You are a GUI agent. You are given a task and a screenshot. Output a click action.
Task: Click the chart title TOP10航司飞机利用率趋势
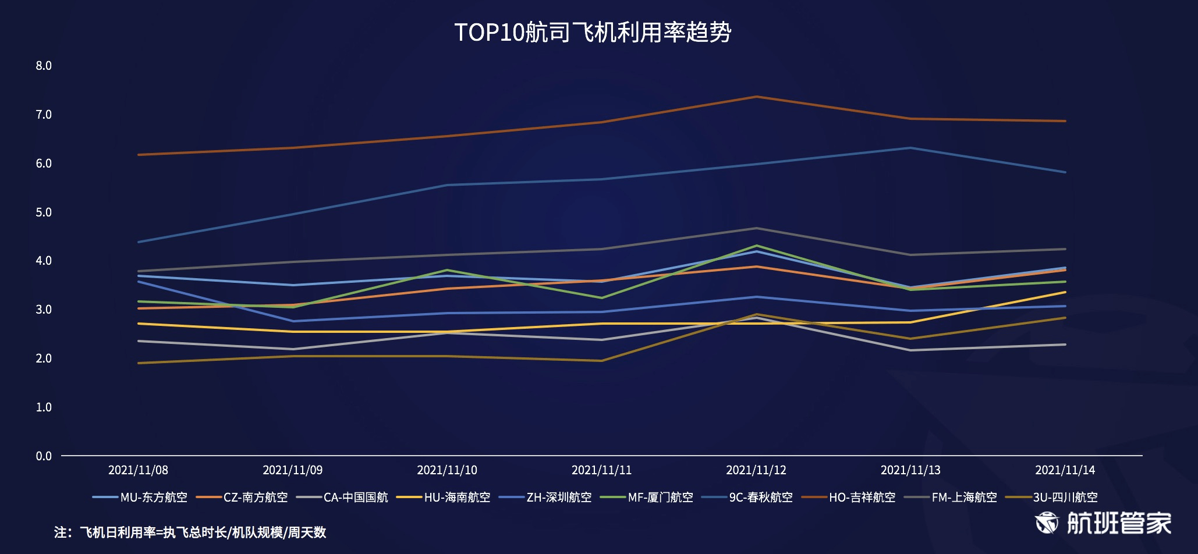point(593,33)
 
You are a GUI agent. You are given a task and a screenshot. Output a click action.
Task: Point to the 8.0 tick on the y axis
point(44,66)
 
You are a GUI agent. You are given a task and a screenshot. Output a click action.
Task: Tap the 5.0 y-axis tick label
point(44,212)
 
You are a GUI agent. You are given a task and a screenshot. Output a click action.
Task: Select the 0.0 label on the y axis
point(44,456)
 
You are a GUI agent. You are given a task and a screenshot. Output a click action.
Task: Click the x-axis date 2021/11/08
point(138,470)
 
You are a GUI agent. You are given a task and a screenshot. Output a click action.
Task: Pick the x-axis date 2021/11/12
point(756,470)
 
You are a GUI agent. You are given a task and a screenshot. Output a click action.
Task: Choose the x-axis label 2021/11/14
point(1065,470)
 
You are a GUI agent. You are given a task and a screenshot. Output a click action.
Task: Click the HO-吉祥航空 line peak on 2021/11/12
point(756,97)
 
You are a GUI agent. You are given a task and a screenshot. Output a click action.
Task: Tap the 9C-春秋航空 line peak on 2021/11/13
point(910,148)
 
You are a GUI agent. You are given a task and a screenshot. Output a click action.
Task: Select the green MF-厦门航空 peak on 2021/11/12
point(756,246)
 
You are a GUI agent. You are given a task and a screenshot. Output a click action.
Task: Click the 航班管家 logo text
point(1118,523)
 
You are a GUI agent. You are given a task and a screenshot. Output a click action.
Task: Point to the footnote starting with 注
point(190,532)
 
